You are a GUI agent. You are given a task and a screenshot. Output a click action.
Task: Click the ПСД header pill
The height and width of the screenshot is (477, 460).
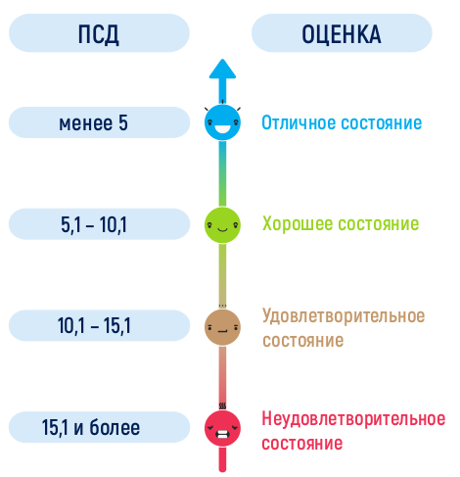(99, 33)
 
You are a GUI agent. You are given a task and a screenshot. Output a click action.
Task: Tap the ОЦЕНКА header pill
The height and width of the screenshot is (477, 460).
(342, 33)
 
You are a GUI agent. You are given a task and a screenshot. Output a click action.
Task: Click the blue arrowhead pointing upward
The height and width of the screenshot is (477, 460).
(222, 69)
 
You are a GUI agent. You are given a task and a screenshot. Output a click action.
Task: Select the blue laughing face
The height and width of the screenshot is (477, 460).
(222, 122)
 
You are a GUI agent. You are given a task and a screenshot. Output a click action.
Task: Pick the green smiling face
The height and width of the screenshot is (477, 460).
(222, 224)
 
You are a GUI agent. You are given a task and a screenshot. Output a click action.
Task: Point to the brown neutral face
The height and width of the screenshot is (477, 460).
(222, 327)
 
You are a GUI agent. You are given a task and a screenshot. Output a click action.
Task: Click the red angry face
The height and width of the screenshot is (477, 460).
(222, 428)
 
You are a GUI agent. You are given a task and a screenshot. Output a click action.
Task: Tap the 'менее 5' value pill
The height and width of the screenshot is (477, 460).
(99, 122)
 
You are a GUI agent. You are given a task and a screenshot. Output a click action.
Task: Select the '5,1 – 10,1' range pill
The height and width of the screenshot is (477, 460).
(99, 224)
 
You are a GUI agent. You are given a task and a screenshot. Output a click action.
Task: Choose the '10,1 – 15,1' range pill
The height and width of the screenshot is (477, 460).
(99, 325)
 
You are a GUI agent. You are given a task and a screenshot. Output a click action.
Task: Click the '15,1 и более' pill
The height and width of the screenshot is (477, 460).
(99, 427)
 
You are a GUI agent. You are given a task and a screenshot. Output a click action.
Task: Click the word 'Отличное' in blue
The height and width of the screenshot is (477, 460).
(299, 122)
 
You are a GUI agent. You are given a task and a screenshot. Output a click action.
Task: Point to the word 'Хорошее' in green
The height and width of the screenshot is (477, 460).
(298, 224)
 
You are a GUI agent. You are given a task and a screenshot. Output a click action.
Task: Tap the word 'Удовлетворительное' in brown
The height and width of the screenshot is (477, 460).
(344, 315)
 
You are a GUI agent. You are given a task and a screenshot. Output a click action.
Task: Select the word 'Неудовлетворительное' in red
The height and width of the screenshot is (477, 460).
(353, 418)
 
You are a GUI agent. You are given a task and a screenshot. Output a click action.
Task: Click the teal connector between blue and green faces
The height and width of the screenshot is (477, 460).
(222, 173)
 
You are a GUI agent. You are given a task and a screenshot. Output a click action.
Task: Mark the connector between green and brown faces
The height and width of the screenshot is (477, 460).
(222, 276)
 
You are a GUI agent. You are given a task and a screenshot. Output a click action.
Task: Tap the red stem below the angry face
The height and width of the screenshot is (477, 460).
(222, 459)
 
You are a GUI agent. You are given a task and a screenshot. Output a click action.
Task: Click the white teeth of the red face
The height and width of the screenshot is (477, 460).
(222, 436)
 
